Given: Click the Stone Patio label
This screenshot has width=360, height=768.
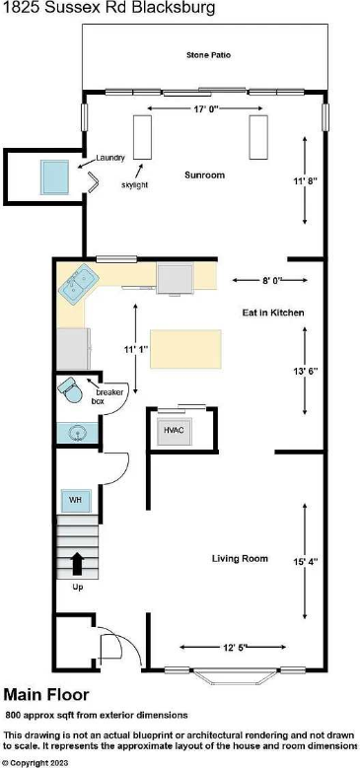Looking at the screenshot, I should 208,57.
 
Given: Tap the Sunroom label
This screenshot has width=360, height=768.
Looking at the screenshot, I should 205,175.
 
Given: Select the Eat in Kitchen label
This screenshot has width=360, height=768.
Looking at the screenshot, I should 273,313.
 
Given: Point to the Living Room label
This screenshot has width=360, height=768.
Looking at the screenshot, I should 240,559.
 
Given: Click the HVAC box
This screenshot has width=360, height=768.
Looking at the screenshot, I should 174,430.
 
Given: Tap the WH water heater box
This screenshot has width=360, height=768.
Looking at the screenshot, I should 75,501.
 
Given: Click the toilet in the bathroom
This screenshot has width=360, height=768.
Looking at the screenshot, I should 70,390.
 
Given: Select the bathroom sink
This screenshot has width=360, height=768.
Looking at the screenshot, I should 75,432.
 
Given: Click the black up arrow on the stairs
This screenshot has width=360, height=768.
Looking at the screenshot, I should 76,564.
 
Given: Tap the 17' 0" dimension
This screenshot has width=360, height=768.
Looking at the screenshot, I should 203,107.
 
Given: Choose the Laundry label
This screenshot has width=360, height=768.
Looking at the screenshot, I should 110,158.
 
